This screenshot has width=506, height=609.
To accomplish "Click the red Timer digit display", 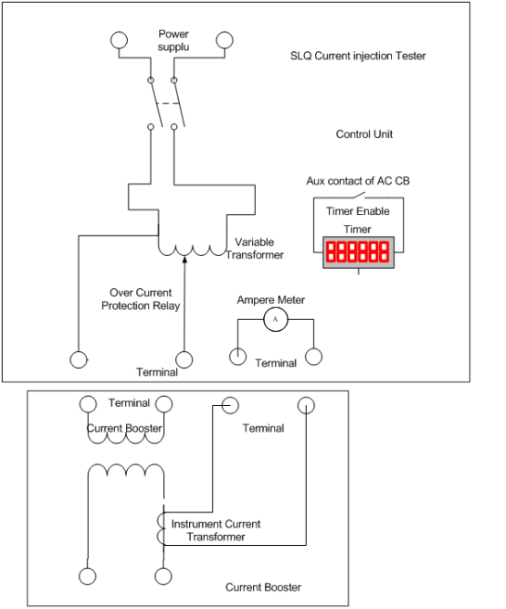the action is click(x=358, y=252).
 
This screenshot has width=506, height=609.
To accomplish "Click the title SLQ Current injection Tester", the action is click(x=358, y=56).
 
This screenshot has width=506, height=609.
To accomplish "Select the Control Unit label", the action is click(x=364, y=134).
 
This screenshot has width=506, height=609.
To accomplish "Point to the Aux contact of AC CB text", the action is click(x=358, y=181).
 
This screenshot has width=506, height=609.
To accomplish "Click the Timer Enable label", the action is click(x=358, y=211).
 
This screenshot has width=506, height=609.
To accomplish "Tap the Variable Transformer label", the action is click(x=255, y=249).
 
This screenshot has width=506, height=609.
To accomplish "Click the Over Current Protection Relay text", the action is click(x=141, y=299).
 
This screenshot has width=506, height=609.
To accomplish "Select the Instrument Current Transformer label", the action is click(x=216, y=530).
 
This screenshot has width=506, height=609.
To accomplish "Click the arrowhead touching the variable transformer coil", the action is click(x=184, y=259).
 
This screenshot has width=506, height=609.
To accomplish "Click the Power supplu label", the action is click(x=174, y=40).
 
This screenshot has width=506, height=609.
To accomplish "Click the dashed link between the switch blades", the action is click(x=168, y=103).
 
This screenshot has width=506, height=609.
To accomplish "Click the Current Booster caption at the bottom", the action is click(x=263, y=587).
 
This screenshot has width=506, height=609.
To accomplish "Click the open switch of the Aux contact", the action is click(x=358, y=196).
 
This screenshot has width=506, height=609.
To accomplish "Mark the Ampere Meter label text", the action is click(x=271, y=300).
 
